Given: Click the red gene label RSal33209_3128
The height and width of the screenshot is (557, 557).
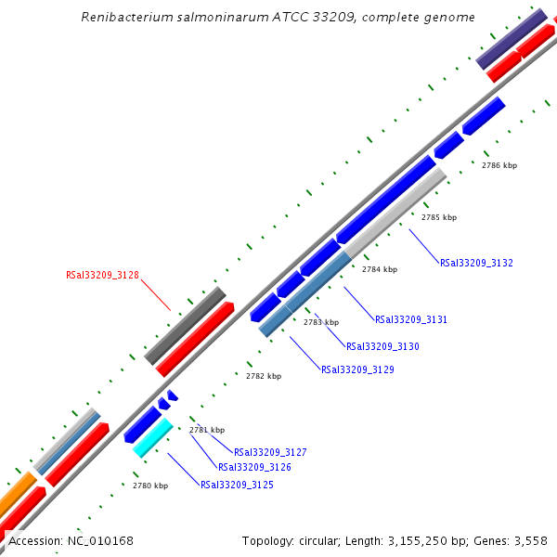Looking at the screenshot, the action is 102,275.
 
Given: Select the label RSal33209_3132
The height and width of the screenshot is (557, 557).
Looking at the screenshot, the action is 476,263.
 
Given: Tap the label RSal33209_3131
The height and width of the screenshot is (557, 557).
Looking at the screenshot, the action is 410,319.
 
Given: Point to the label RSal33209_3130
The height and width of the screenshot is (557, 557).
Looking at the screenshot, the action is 382,346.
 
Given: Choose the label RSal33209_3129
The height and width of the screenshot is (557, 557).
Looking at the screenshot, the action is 357,369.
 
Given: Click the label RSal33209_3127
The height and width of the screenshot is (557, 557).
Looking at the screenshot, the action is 270,452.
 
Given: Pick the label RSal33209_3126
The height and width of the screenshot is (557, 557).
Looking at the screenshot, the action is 254,467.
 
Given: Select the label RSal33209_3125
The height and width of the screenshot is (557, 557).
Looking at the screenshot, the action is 237,485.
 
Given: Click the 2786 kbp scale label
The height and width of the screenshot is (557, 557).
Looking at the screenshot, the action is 499,165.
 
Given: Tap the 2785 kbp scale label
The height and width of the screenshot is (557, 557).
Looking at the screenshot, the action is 439,217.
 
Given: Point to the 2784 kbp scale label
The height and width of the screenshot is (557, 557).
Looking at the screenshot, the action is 379,269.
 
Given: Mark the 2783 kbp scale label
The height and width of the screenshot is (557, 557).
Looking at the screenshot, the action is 320,322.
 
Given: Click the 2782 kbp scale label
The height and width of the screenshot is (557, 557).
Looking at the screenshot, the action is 263,376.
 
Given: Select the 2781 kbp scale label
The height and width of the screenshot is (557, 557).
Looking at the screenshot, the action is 207,430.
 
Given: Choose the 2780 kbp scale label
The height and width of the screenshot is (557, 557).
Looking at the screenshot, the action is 150,486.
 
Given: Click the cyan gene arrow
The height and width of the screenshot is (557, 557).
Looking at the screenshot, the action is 153,438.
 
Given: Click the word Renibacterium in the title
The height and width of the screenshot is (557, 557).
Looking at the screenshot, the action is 124,17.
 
